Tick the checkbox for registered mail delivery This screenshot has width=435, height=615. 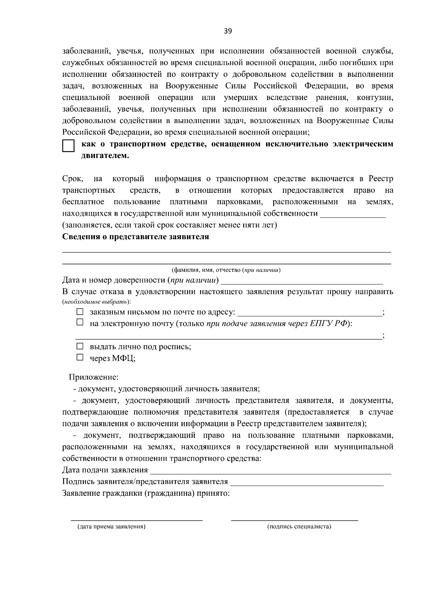[x=80, y=312]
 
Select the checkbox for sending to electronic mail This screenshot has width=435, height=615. [x=80, y=322]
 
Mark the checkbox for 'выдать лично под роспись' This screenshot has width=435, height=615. [x=80, y=346]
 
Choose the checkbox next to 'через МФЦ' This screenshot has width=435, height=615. [x=80, y=358]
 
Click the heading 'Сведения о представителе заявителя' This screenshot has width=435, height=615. [x=136, y=237]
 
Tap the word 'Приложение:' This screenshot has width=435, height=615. [x=94, y=377]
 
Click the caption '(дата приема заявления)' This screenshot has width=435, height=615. [x=111, y=527]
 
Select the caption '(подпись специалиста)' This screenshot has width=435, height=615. [x=299, y=527]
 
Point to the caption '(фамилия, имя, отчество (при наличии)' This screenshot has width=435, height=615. [x=226, y=270]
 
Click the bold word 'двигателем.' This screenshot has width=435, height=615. [x=105, y=156]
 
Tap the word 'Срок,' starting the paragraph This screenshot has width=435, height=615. [x=73, y=179]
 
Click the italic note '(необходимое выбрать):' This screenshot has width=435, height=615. [x=96, y=302]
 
